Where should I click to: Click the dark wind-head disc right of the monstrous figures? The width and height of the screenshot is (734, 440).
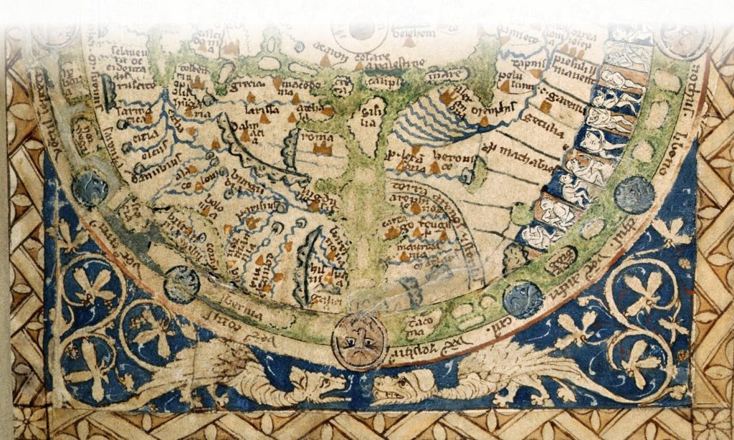634,194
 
